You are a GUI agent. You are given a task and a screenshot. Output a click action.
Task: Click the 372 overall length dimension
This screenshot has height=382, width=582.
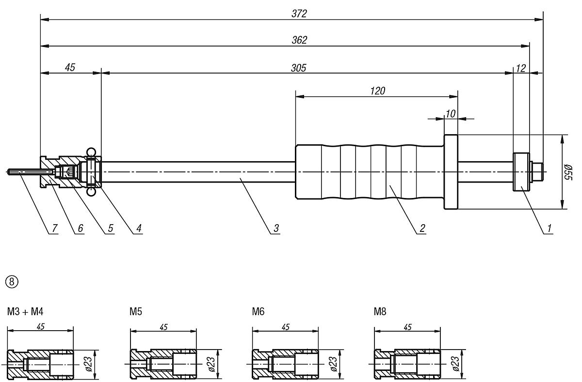[299, 14]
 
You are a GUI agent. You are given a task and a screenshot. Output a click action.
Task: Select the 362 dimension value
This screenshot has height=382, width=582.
[299, 40]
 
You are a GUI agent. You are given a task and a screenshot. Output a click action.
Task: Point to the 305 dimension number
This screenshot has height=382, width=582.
[298, 68]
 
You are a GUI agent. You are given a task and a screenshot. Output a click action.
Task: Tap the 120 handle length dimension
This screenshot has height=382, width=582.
[377, 91]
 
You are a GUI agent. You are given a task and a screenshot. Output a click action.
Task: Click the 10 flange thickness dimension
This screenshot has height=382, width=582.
[451, 113]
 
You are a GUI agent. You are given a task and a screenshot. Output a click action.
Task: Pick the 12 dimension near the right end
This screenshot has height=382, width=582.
[520, 68]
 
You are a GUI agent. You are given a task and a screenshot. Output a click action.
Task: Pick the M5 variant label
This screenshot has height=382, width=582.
[135, 312]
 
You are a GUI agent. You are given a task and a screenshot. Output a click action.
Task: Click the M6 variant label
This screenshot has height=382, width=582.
[258, 312]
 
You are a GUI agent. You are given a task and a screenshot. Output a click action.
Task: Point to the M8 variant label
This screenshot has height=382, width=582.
[380, 312]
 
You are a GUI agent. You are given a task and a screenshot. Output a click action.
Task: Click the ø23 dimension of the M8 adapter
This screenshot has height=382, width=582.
[455, 363]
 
